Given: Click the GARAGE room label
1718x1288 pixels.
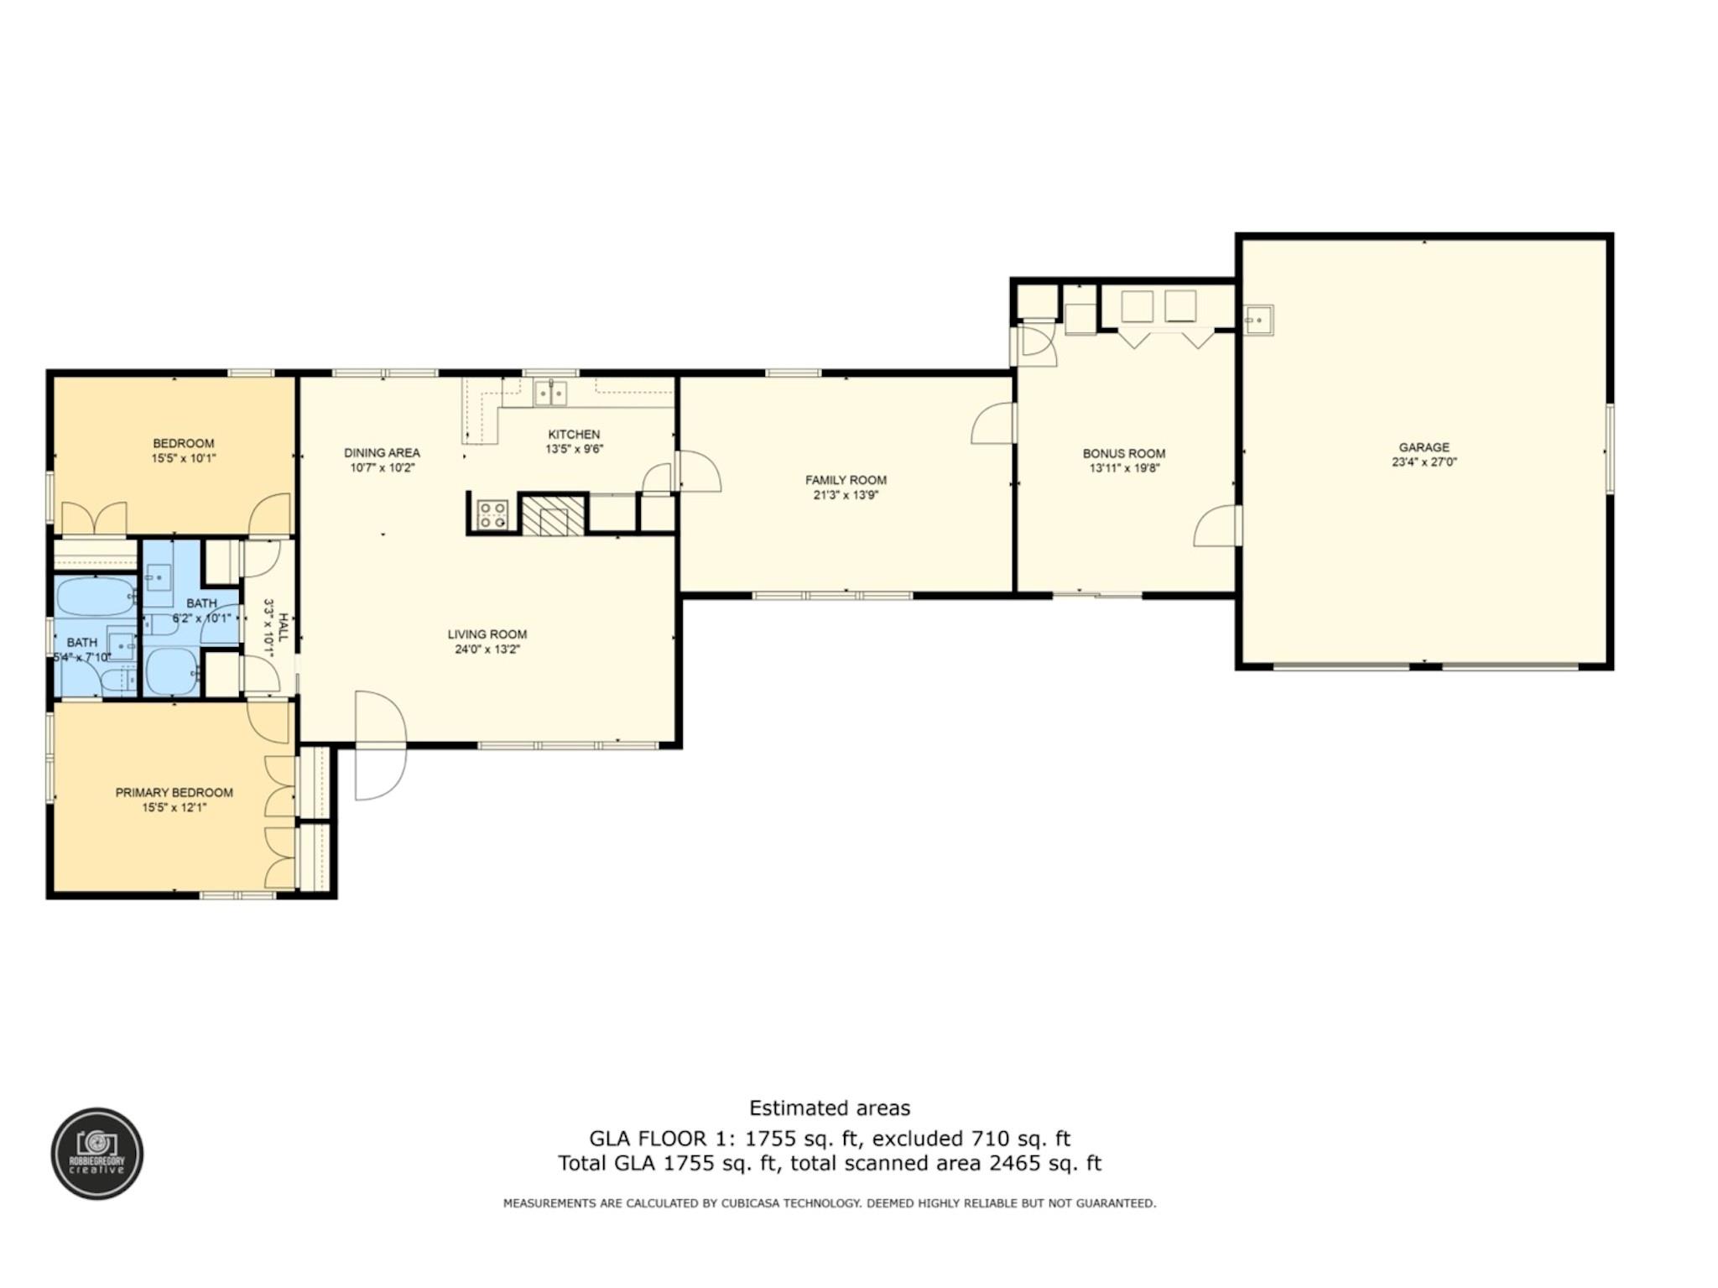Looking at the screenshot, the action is point(1424,447).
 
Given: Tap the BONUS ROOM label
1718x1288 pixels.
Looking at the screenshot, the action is point(1124,454).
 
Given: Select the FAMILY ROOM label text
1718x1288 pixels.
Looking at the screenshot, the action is point(846,480).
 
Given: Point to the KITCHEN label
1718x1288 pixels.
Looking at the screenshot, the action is point(574,434).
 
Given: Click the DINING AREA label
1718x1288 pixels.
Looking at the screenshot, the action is point(382,453).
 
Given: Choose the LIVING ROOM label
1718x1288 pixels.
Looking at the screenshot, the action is point(487,634).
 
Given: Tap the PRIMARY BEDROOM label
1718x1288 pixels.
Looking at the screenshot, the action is point(174,792).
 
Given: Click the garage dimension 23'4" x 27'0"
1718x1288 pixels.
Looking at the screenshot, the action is point(1424,461).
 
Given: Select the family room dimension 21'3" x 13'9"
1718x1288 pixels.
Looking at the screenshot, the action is point(846,495).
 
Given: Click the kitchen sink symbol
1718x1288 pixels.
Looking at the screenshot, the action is point(550,393).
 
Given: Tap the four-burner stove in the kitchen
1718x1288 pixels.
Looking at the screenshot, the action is point(492,514).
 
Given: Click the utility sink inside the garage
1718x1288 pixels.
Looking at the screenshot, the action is point(1258,320).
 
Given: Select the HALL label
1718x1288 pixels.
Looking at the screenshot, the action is point(284,627).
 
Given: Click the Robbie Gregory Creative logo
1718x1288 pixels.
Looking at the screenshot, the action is point(97,1153).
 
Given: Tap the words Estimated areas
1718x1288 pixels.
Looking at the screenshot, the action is point(830,1108).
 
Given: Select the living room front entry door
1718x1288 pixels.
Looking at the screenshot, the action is point(380,745).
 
